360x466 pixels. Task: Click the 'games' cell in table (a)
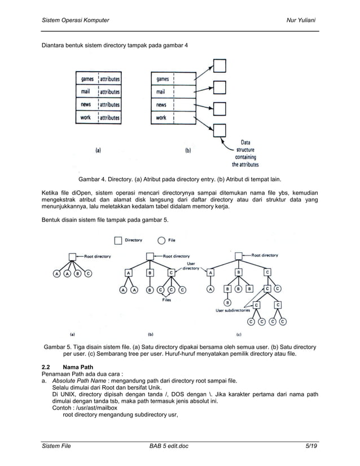point(87,80)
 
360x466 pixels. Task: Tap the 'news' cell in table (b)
point(161,105)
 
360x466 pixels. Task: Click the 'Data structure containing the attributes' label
point(245,153)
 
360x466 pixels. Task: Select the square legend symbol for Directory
point(118,240)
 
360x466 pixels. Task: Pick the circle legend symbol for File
point(161,240)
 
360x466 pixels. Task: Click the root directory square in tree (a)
point(72,257)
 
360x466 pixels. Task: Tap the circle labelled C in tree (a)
point(89,274)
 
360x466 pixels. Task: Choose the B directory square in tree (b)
point(150,274)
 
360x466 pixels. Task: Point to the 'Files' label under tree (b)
point(166,300)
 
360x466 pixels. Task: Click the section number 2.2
point(47,368)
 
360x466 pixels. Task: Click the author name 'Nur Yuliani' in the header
point(301,21)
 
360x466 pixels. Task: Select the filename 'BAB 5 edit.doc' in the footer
point(169,446)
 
